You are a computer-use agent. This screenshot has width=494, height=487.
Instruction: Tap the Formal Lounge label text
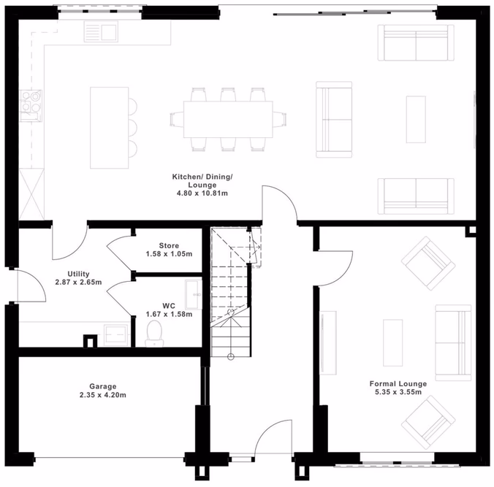[398, 383]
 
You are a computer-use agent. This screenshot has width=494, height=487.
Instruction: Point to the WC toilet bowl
[153, 334]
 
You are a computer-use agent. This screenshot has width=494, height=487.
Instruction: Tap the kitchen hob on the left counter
[32, 102]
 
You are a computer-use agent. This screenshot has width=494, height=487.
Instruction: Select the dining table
[228, 118]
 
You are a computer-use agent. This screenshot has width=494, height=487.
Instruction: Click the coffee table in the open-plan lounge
[416, 119]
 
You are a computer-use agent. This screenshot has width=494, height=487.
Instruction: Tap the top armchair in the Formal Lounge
[430, 261]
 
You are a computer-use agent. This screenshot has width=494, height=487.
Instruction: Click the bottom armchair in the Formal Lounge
[430, 422]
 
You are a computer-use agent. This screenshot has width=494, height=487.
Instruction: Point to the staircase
[231, 292]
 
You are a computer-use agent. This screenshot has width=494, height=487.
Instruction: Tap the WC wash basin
[193, 294]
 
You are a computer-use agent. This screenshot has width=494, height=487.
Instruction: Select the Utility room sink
[115, 334]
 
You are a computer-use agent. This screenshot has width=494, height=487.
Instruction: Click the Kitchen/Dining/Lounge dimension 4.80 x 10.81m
[201, 193]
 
